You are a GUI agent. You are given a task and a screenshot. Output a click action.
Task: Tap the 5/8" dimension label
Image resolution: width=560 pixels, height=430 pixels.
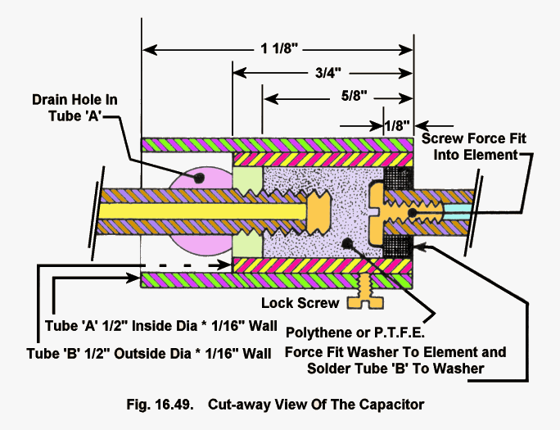[355, 99]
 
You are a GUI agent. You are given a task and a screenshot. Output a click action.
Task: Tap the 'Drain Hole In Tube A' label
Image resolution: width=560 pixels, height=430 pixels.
[75, 106]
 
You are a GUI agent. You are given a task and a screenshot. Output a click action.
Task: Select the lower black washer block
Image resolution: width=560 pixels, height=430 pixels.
[398, 245]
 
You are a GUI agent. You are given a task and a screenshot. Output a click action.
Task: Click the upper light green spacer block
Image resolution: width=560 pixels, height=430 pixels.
[246, 179]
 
